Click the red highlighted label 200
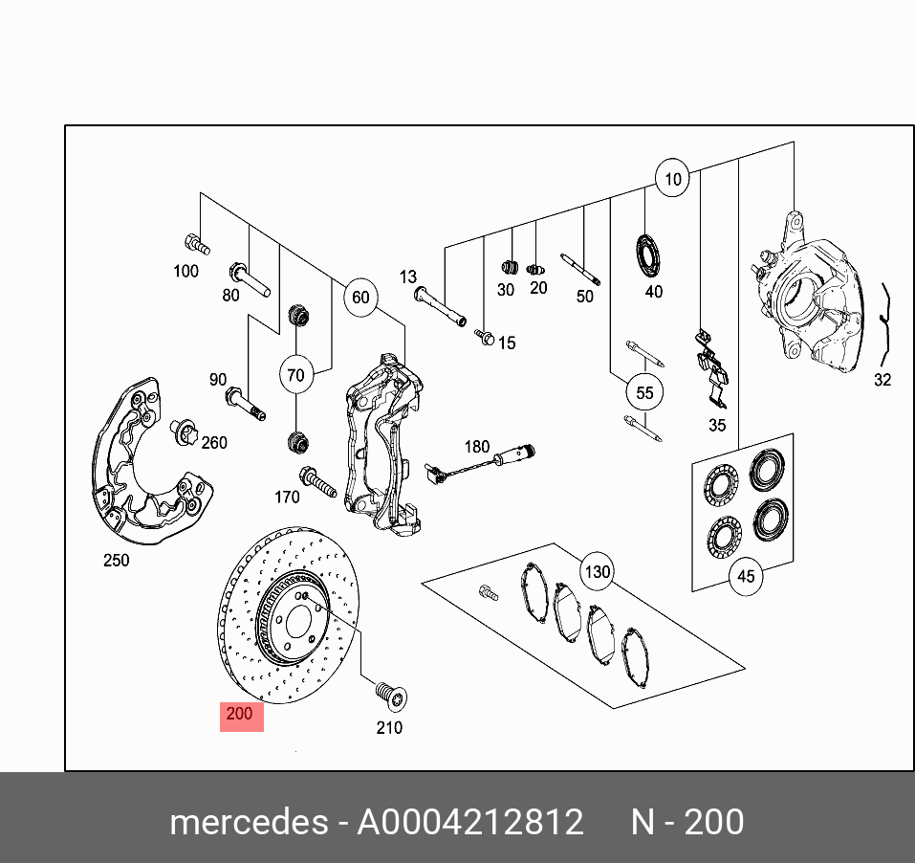[241, 714]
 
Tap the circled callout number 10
[672, 179]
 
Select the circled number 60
[359, 298]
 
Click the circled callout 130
[597, 572]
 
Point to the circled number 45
[746, 576]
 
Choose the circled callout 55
[644, 392]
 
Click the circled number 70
[295, 375]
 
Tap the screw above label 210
[389, 693]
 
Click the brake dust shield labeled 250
[143, 469]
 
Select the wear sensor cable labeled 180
[478, 465]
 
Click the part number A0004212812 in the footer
[469, 823]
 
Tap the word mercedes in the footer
[247, 823]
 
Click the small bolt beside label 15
[485, 337]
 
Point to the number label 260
[214, 442]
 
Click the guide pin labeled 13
[438, 304]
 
